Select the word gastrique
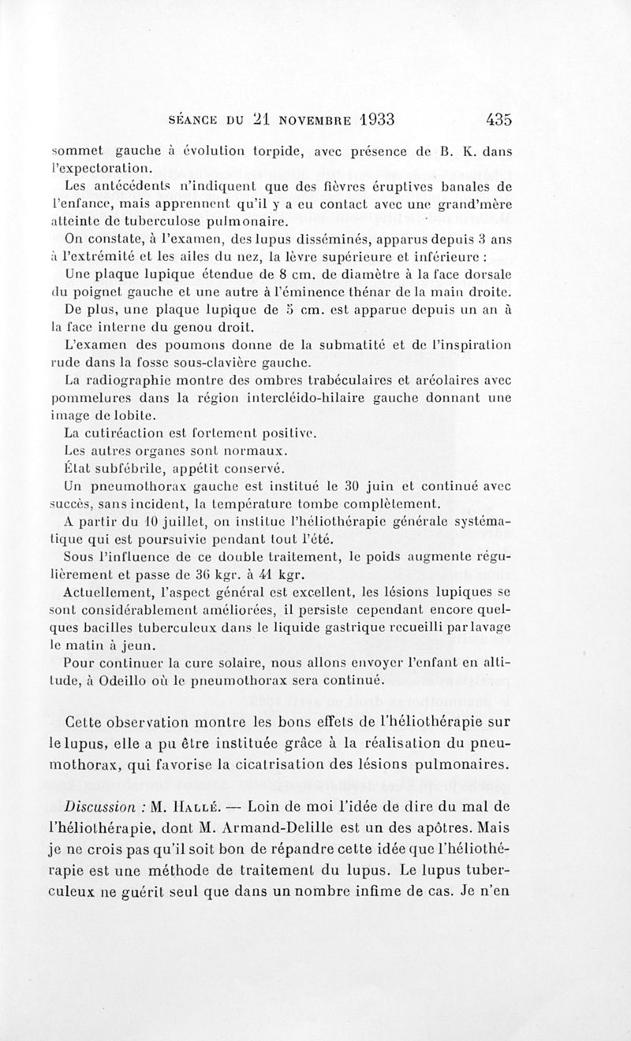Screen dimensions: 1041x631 (x=344, y=626)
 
